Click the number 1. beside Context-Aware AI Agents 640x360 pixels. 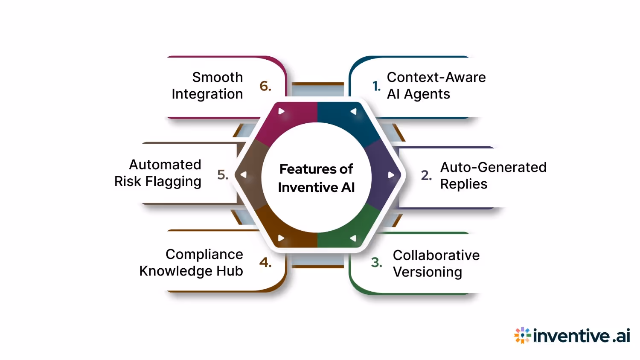(x=376, y=86)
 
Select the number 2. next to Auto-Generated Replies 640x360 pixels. (x=426, y=175)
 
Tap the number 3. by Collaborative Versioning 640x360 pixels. (x=376, y=262)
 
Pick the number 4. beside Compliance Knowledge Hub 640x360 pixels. (x=265, y=262)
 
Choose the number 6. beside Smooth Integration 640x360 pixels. (x=265, y=86)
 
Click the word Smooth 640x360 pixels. (x=218, y=77)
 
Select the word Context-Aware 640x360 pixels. (x=436, y=77)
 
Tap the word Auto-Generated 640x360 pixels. (x=493, y=167)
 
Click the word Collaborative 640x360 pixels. (x=436, y=255)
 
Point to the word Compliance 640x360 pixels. (x=204, y=254)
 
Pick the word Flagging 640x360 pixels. (x=173, y=182)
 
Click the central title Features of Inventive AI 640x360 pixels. (x=316, y=178)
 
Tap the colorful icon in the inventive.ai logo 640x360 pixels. (x=522, y=336)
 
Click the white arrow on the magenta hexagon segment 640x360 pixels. (x=281, y=111)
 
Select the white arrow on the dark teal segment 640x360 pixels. (x=353, y=111)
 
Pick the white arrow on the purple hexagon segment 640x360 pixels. (x=391, y=175)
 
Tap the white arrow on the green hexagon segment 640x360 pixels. (x=353, y=238)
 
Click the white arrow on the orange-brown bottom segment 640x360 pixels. (x=281, y=238)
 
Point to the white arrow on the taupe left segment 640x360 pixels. (x=244, y=175)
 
